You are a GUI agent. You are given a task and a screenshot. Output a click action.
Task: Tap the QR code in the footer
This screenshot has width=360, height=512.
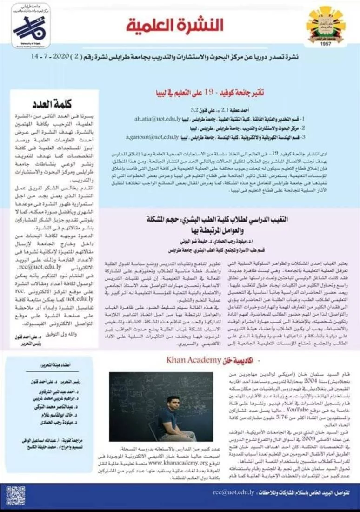(16, 496)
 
